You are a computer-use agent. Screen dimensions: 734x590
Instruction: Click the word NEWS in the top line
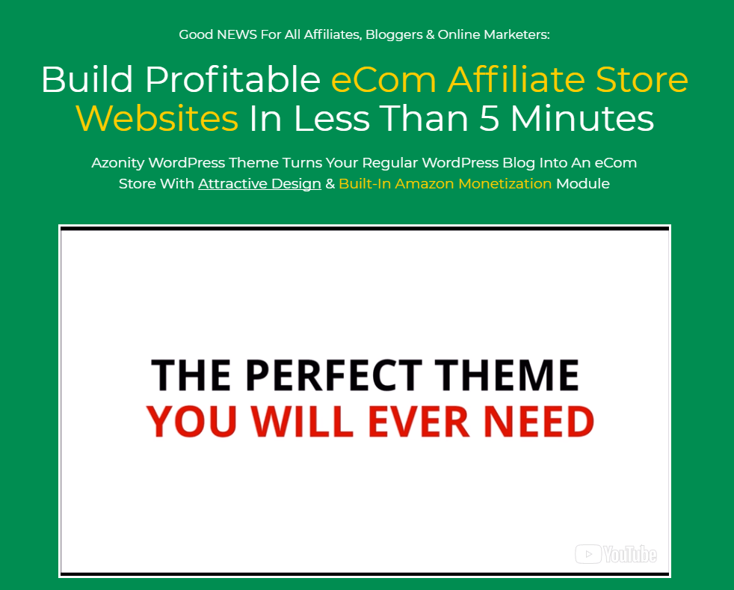(x=237, y=34)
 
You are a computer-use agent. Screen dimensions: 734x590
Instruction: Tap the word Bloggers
(x=394, y=35)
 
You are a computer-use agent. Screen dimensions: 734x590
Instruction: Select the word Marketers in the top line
(x=516, y=34)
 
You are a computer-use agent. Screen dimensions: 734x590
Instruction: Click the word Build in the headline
(x=87, y=79)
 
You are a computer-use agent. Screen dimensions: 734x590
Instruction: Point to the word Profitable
(x=232, y=79)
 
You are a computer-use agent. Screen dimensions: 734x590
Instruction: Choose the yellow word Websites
(x=157, y=118)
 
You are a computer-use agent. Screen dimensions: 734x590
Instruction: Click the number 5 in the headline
(x=489, y=118)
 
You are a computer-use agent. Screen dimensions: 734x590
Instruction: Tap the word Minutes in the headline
(x=582, y=118)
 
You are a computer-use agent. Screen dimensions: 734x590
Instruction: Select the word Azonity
(x=118, y=163)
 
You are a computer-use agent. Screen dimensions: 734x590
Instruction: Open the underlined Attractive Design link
(x=260, y=183)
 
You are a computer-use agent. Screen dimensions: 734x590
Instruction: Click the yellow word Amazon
(x=427, y=183)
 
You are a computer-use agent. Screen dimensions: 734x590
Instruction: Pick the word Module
(x=583, y=183)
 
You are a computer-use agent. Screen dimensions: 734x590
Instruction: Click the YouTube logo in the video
(x=616, y=554)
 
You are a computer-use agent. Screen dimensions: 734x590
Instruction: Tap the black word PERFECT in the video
(x=334, y=375)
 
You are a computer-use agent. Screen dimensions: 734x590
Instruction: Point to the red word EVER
(x=419, y=422)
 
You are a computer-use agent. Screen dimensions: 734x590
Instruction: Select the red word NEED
(x=539, y=422)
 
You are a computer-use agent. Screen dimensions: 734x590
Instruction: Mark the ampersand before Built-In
(x=330, y=183)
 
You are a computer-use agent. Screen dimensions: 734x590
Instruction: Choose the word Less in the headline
(x=331, y=118)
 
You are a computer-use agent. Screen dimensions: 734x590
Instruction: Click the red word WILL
(x=303, y=422)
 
